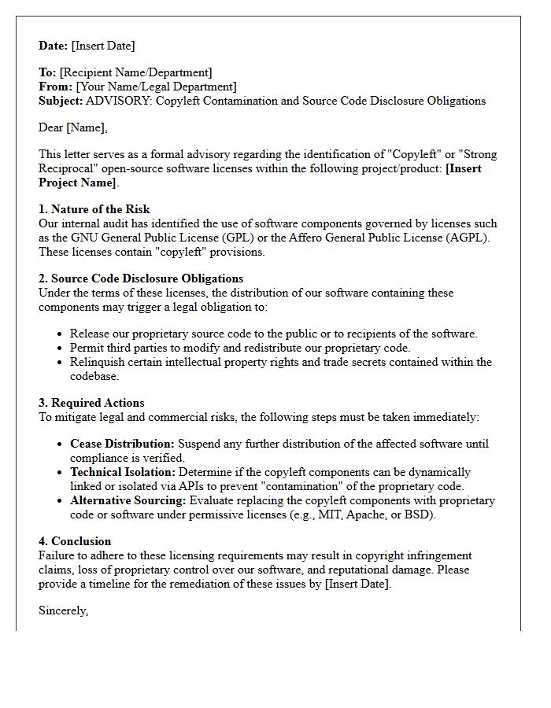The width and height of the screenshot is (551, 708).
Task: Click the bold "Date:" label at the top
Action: click(x=54, y=46)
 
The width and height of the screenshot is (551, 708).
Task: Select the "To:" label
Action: click(x=47, y=72)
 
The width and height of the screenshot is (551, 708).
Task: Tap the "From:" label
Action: click(x=55, y=87)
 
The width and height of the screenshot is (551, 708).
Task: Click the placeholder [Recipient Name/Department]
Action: click(x=135, y=72)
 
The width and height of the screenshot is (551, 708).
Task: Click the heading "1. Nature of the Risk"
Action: click(x=94, y=209)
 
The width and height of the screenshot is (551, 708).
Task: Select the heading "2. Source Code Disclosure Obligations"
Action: click(x=141, y=278)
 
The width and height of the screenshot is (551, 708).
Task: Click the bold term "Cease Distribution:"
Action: click(x=122, y=444)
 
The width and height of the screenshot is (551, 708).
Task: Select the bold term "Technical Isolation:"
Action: click(x=123, y=472)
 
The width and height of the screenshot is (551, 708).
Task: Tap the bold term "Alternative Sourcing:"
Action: click(x=128, y=500)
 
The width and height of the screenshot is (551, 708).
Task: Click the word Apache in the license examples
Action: click(x=368, y=514)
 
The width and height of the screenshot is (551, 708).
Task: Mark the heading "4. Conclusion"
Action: click(x=75, y=541)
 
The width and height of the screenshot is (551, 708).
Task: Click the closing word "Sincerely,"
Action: click(x=63, y=610)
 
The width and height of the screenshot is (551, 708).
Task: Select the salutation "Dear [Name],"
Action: click(x=72, y=127)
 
